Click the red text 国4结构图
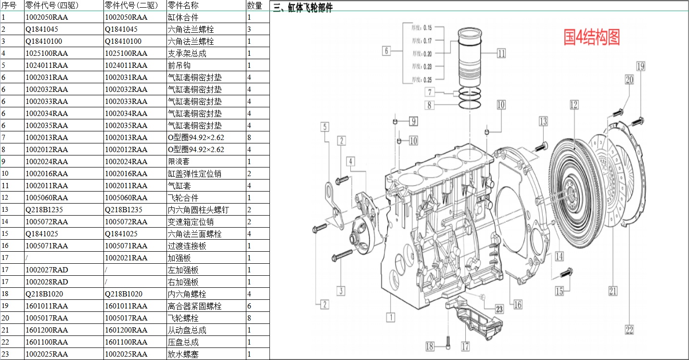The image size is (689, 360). pos(591,37)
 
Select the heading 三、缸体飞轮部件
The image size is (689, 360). pos(303,8)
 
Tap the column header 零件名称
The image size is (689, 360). pos(182,5)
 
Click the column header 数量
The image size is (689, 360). pos(255,5)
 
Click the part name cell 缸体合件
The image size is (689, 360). pos(183,17)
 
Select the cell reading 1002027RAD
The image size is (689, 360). pos(47,270)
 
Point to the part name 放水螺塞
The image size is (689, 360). pos(183,354)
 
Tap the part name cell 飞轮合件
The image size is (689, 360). pos(183,198)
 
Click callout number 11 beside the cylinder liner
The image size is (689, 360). pos(501,53)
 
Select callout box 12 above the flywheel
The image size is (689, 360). pos(574,104)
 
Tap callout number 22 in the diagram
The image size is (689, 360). pos(629,330)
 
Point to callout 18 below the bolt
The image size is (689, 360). pos(430,346)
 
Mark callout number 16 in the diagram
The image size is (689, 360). pos(518,304)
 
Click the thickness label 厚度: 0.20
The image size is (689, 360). pos(421,54)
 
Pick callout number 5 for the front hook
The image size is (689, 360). pos(325,127)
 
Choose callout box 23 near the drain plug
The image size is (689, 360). pos(499,309)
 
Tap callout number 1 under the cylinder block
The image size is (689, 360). pos(392,317)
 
